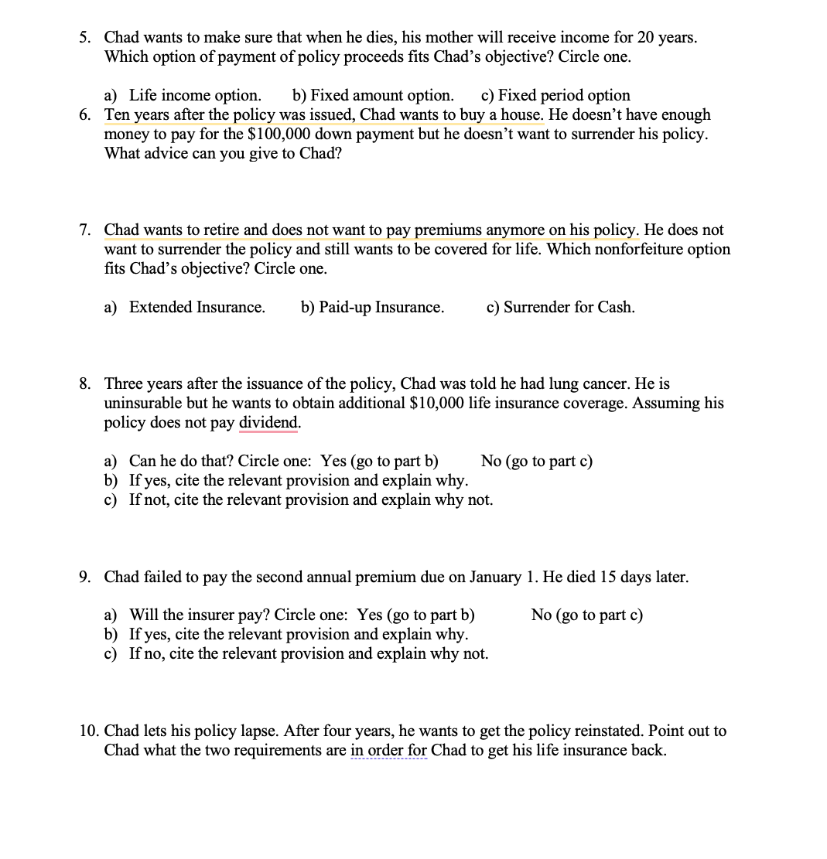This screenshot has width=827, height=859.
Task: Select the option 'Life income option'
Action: point(194,95)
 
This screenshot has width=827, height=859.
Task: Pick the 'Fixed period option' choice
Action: point(555,95)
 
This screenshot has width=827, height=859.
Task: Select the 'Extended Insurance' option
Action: point(196,307)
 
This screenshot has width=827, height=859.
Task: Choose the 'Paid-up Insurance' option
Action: point(372,307)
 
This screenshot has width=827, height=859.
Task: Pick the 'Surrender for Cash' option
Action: point(561,307)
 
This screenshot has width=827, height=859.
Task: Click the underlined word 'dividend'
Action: point(268,422)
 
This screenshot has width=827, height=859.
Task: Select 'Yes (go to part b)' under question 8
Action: point(379,461)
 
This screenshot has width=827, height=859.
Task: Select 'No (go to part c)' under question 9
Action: point(586,615)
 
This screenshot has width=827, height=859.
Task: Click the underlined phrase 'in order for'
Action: point(388,750)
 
